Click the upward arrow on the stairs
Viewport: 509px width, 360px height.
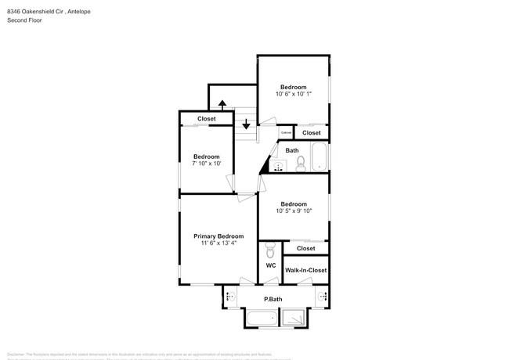(x=222, y=104)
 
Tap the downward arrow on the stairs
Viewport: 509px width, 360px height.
(x=246, y=124)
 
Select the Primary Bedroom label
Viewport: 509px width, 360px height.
(x=218, y=236)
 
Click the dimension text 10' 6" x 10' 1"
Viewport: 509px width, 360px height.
(x=294, y=94)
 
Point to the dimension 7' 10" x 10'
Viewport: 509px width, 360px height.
(x=207, y=164)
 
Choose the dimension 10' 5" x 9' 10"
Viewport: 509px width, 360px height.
(x=294, y=211)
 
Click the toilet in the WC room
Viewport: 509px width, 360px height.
(x=270, y=250)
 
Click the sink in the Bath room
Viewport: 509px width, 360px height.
(x=276, y=166)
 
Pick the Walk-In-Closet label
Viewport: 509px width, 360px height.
(x=305, y=270)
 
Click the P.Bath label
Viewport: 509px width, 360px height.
(x=273, y=299)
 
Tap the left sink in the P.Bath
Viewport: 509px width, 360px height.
(x=230, y=297)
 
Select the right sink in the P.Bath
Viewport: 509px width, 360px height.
(x=322, y=297)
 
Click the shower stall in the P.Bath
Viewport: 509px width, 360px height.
(x=294, y=319)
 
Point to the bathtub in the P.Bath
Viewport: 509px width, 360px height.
(x=262, y=319)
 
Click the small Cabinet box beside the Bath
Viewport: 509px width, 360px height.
(x=286, y=133)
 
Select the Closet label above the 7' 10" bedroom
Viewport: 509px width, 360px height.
(x=207, y=119)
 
